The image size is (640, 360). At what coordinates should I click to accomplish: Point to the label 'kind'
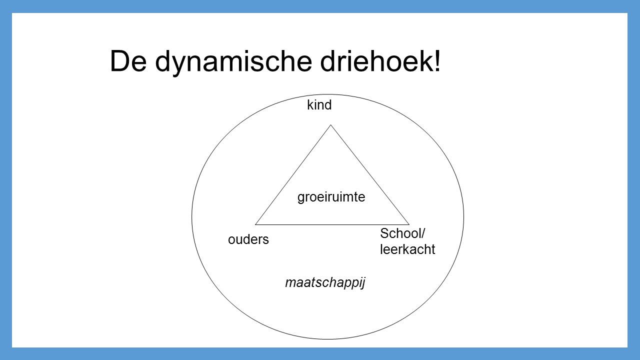click(319, 105)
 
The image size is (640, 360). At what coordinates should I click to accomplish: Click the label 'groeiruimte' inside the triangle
click(331, 198)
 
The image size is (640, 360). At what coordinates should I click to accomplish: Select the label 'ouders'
click(248, 240)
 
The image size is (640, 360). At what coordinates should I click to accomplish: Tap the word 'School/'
click(402, 233)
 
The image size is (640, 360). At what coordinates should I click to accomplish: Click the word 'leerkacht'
click(407, 250)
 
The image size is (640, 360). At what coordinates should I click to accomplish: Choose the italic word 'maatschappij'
click(325, 283)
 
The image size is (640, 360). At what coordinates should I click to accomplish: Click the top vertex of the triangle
click(331, 125)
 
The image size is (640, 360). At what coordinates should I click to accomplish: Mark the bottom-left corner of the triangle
click(255, 224)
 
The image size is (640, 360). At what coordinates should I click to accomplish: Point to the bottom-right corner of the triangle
click(409, 224)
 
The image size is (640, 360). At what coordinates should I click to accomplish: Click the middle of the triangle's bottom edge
click(332, 224)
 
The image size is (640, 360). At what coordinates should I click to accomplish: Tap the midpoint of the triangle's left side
click(293, 174)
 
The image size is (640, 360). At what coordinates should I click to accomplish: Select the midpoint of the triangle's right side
click(370, 174)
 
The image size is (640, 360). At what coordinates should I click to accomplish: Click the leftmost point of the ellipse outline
click(191, 216)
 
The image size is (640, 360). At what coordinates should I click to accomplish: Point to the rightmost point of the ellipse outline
click(463, 216)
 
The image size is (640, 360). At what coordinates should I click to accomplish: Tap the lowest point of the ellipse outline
click(327, 339)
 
